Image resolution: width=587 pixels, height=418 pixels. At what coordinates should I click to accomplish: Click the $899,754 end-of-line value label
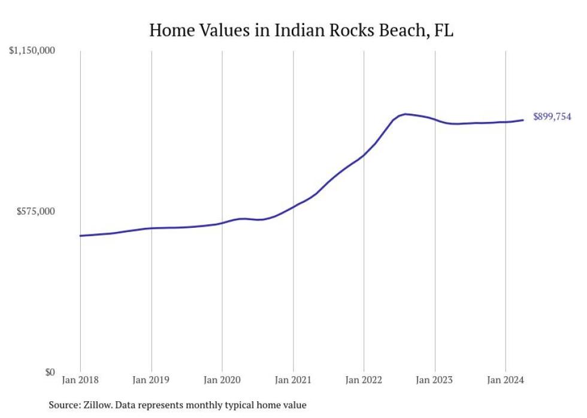coord(552,117)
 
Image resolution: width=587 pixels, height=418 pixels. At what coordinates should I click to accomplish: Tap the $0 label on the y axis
coord(49,373)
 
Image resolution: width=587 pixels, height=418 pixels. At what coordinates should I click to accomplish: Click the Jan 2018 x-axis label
coord(80,380)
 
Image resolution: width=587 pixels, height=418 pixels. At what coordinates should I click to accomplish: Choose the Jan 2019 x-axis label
coord(151,380)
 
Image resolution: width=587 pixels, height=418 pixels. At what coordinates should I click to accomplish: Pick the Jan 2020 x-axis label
coord(222,380)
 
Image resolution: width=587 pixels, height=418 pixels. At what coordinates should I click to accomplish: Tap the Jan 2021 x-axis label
coord(293,380)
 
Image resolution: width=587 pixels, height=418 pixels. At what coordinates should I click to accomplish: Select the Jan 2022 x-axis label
coord(364,380)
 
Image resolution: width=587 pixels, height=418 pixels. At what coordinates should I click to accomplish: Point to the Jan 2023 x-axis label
coord(435,380)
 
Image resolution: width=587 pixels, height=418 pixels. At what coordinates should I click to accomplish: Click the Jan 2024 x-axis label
coord(506,380)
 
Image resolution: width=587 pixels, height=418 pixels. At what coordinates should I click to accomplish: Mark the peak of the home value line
coord(406,114)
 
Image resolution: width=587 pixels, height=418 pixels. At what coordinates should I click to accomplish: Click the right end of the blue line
coord(524,120)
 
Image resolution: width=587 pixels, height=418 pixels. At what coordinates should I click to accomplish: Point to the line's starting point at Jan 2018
coord(80,236)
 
